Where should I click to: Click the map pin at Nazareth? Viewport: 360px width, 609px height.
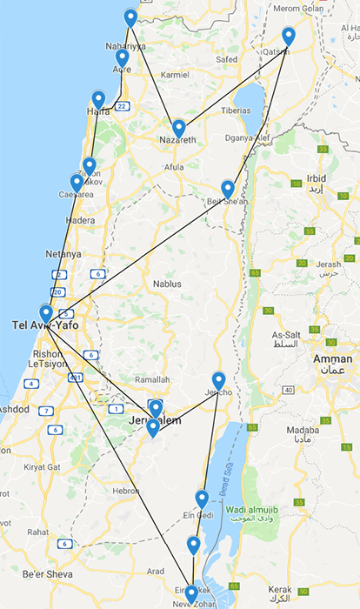point(178,128)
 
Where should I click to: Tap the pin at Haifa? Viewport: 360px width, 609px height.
point(98,99)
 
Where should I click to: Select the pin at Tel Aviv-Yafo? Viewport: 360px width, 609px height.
point(46,312)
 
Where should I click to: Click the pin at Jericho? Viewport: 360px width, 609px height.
point(219,380)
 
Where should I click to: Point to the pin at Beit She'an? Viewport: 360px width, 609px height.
point(228,188)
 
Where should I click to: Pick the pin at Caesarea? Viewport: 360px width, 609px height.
point(77,182)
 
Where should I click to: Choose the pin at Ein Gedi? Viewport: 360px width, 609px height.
point(202,499)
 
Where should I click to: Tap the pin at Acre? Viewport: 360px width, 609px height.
point(123,57)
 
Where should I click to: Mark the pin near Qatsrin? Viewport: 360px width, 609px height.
point(289,36)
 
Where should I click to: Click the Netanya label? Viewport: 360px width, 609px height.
point(62,254)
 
